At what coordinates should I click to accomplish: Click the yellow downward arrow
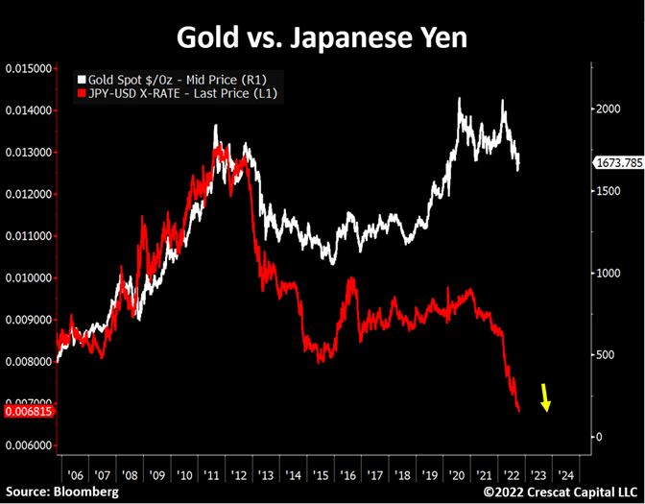(x=544, y=396)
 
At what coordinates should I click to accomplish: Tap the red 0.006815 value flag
(x=28, y=411)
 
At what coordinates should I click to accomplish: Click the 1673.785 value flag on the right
(x=618, y=163)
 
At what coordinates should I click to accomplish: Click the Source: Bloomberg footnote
(x=60, y=492)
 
